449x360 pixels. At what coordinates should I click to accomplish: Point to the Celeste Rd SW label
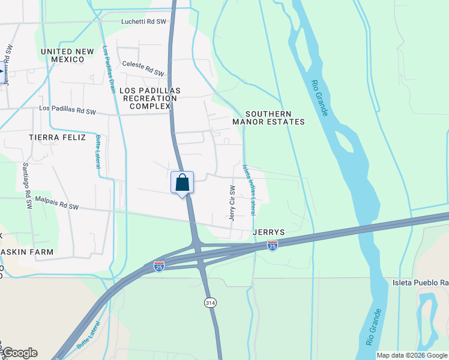click(143, 68)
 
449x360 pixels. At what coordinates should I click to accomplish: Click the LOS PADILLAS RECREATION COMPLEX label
click(150, 98)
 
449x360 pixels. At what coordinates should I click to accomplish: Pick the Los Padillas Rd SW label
click(67, 111)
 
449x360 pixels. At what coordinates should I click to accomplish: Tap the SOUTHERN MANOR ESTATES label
click(268, 118)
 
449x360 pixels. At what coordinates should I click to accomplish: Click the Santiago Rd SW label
click(27, 185)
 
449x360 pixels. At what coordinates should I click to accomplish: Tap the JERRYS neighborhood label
click(268, 232)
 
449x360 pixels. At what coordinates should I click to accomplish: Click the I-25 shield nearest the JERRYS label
click(273, 245)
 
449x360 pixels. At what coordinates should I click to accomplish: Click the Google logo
click(20, 353)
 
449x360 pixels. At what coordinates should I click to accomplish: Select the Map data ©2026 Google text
click(411, 355)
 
